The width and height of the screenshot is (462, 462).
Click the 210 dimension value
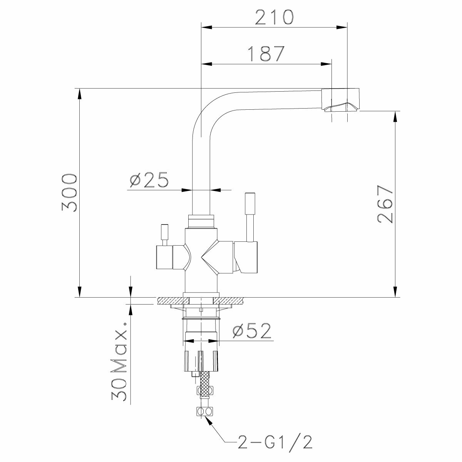(274, 17)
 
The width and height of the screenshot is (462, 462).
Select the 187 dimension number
(266, 54)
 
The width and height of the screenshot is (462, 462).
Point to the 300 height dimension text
(70, 193)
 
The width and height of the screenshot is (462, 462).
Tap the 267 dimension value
(385, 204)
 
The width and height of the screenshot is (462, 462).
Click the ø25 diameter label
(149, 179)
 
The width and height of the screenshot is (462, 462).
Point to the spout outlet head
(340, 100)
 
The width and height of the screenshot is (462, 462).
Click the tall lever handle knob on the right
(250, 203)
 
